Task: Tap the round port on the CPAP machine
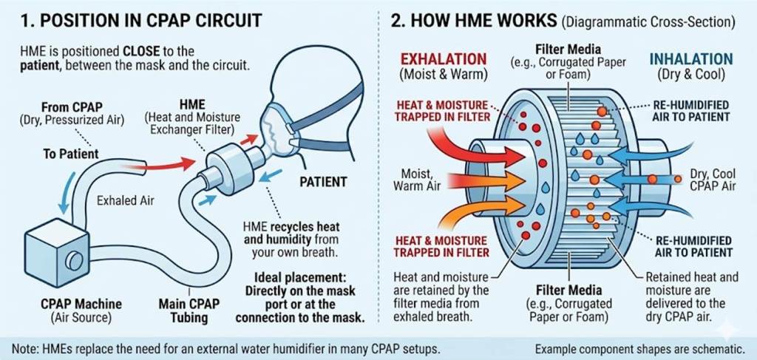tap(74, 261)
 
